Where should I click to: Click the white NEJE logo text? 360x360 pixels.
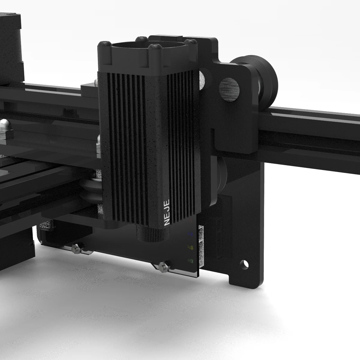tap(167, 213)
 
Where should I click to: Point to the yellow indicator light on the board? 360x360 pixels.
tap(190, 248)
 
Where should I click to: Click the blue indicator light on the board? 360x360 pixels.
tap(190, 234)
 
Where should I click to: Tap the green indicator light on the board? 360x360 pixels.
tap(190, 260)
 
